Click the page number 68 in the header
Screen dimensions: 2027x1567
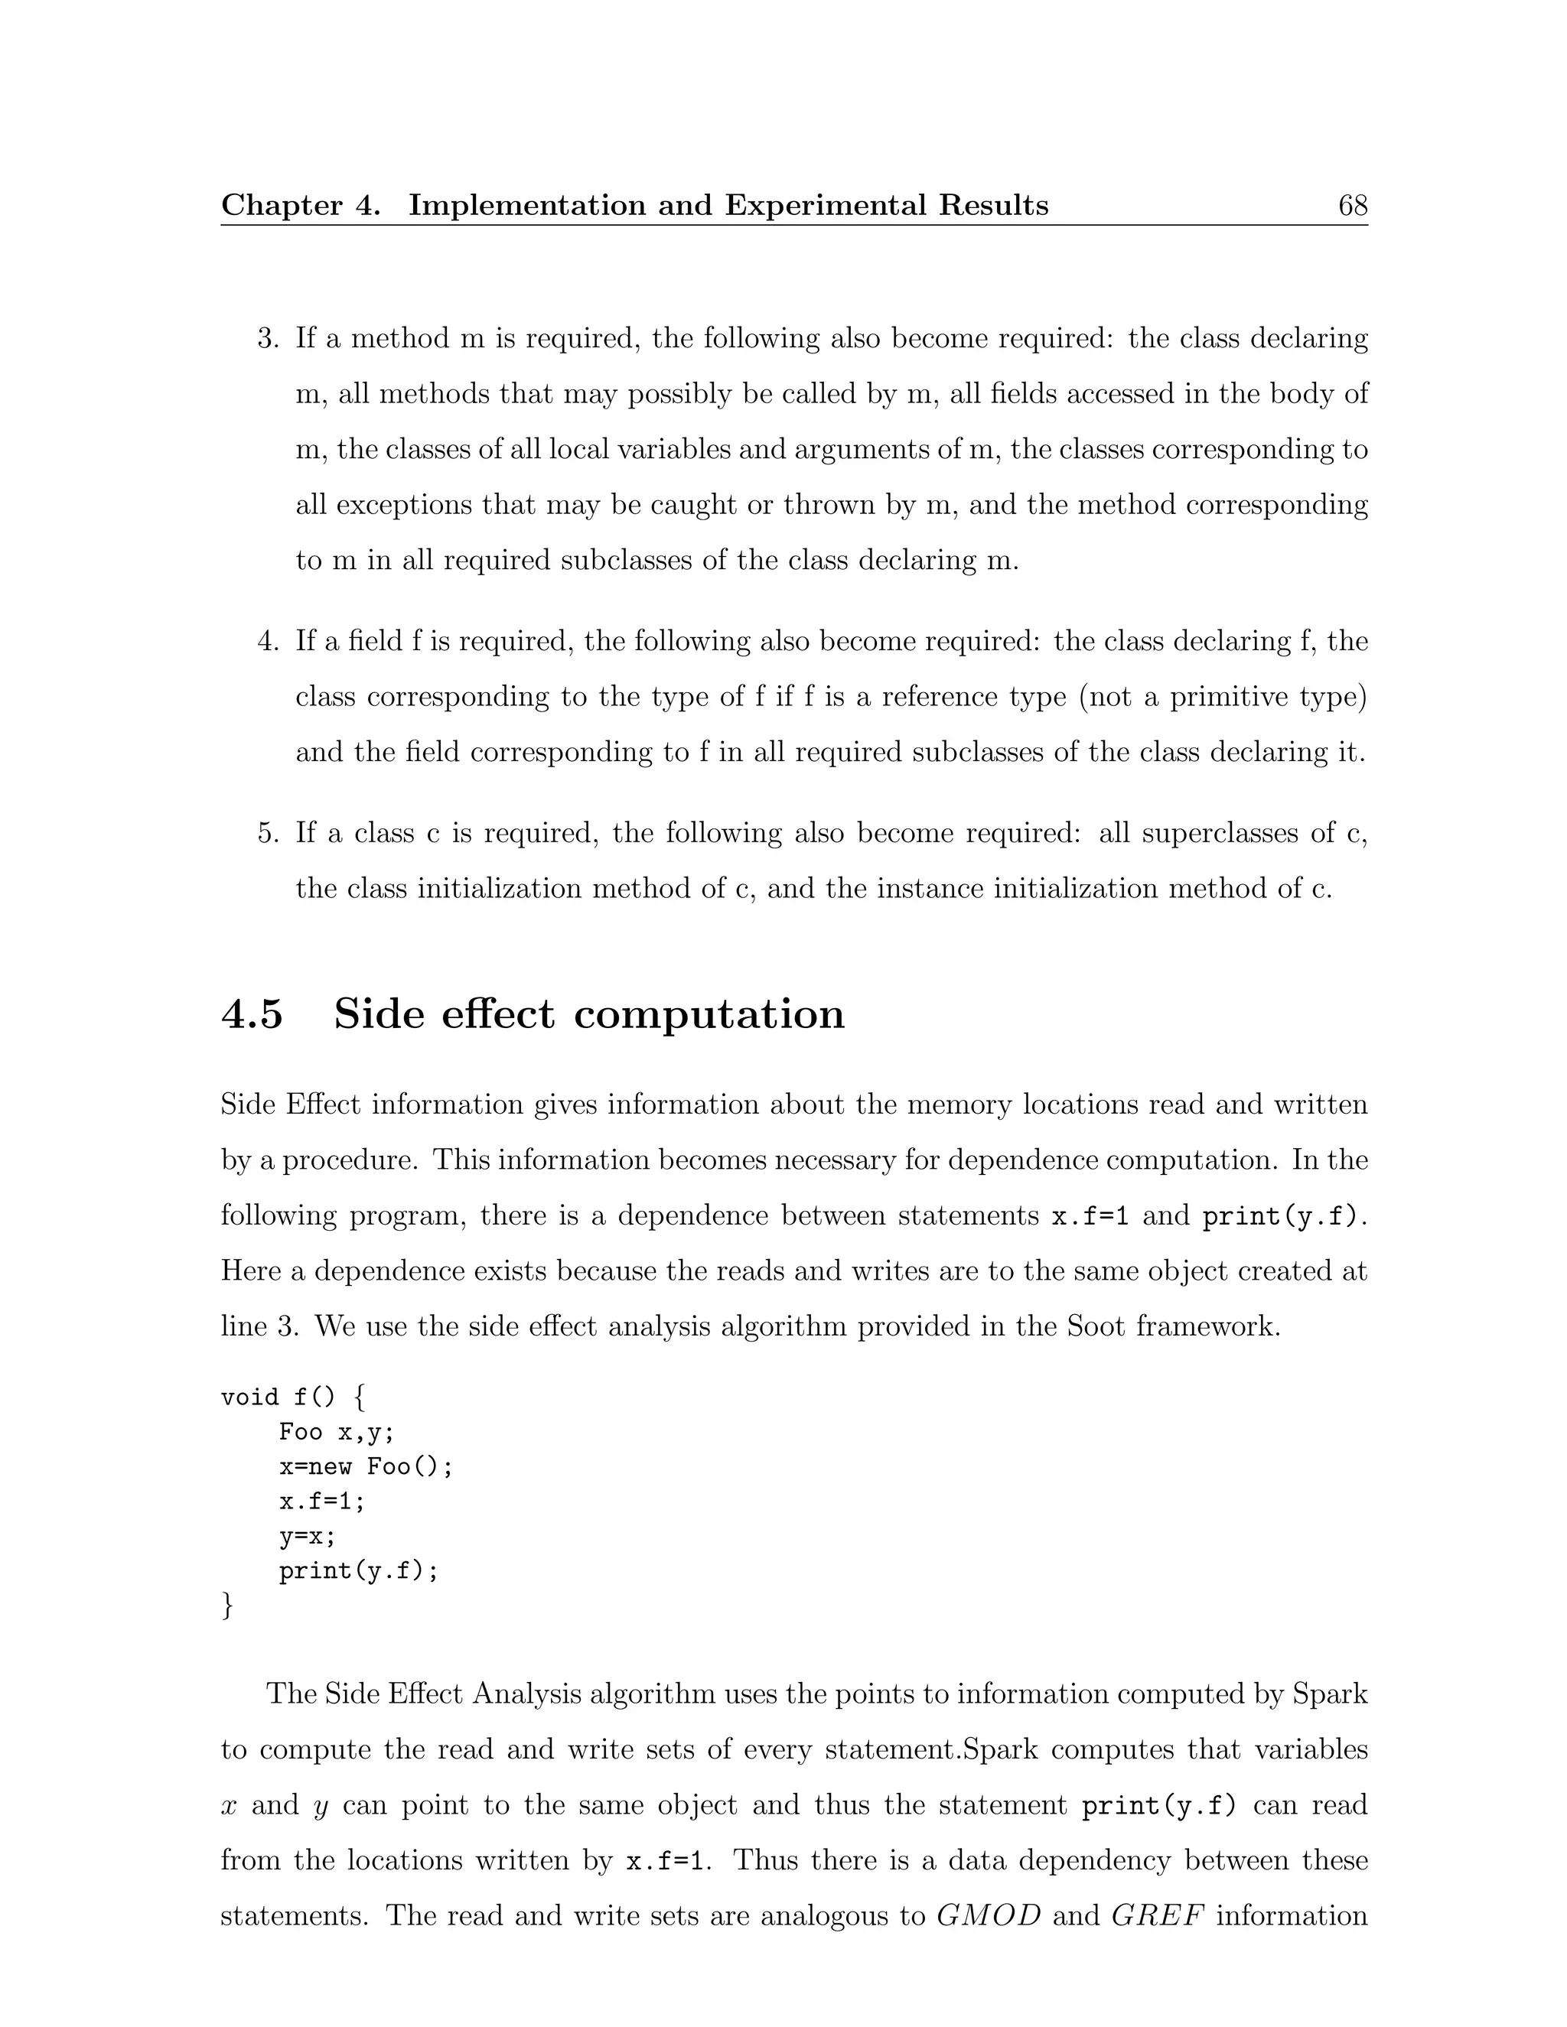(x=1352, y=205)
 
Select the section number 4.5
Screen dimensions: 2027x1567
(x=252, y=1013)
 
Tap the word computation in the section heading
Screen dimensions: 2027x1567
(x=709, y=1013)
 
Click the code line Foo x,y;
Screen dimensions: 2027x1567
(x=337, y=1433)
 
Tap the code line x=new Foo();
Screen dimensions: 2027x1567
(x=366, y=1467)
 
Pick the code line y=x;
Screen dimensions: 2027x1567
(x=308, y=1537)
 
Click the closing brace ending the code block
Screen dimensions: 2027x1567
(x=227, y=1605)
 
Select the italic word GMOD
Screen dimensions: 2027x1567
(x=989, y=1917)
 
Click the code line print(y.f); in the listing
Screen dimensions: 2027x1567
(x=358, y=1571)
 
